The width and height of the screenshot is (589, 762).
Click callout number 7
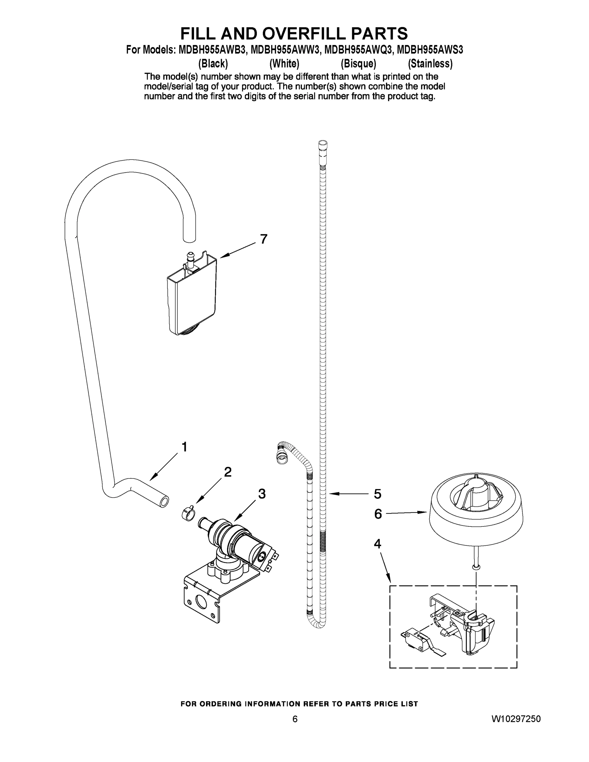(264, 239)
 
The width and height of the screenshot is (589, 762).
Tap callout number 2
(228, 472)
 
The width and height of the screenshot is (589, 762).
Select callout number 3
(262, 494)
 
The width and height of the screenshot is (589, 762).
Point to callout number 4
(378, 544)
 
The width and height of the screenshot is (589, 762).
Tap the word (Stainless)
(430, 64)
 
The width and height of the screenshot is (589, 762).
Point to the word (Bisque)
(358, 64)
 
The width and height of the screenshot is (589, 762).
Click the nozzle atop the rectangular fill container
(191, 259)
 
